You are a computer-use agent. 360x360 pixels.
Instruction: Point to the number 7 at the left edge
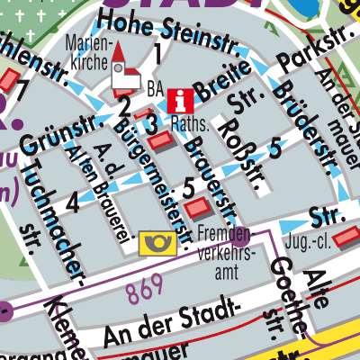tap(21, 91)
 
